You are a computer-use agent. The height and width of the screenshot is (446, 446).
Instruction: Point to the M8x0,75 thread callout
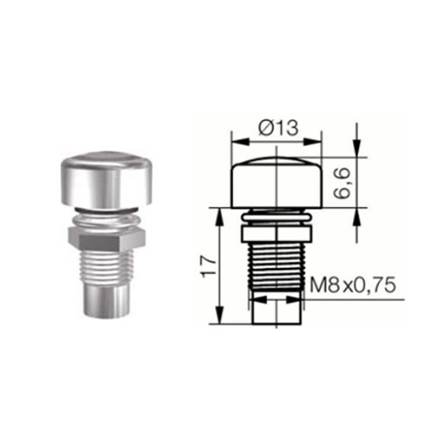click(354, 287)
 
